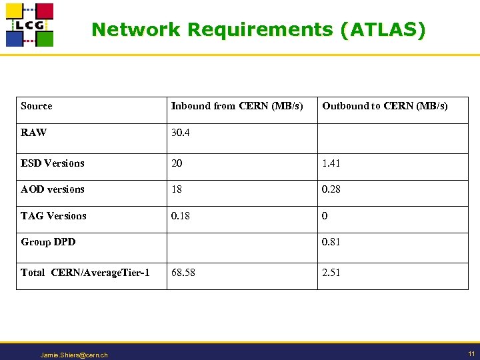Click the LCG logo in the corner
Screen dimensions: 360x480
(29, 25)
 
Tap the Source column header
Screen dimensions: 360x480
(36, 106)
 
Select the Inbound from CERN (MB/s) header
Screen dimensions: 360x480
(237, 106)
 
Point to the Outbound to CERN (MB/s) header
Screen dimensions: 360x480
(385, 106)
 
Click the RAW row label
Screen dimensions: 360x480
(34, 133)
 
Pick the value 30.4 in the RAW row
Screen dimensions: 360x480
(180, 133)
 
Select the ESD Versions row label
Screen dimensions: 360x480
(53, 163)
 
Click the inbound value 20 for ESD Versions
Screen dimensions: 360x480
(177, 163)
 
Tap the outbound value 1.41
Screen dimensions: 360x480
(331, 163)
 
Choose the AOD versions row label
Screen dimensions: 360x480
(53, 189)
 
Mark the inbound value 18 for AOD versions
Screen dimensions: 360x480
(177, 189)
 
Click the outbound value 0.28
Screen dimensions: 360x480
(331, 189)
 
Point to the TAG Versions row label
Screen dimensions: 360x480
(53, 216)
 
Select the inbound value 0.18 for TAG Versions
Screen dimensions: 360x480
(180, 216)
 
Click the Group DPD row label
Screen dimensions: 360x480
(48, 242)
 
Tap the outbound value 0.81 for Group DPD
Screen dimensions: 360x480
(331, 242)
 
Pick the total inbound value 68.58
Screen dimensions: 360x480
(183, 273)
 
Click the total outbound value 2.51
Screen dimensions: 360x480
(331, 273)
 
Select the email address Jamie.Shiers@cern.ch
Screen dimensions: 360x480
(74, 355)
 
